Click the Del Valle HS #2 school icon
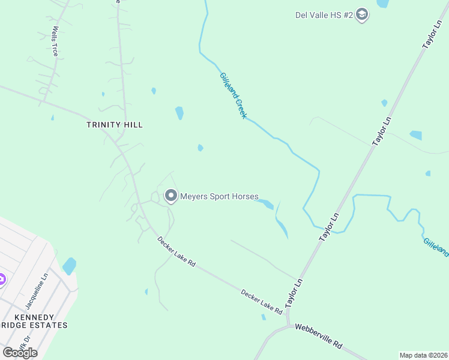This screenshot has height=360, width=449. [x=361, y=14]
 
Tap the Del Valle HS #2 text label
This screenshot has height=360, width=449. [x=324, y=15]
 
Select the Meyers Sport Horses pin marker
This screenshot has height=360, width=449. [x=171, y=196]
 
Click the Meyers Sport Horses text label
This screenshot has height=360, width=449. [x=220, y=196]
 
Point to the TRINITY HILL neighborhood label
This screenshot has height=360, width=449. [x=114, y=124]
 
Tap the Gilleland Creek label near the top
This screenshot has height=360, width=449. [x=233, y=95]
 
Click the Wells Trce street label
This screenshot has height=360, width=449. [x=55, y=41]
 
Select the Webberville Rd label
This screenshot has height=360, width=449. [x=318, y=336]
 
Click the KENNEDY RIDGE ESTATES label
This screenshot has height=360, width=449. [x=34, y=321]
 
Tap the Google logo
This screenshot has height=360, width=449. [x=20, y=352]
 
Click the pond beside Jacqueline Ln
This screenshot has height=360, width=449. [x=70, y=265]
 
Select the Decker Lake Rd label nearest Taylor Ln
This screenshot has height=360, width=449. [x=262, y=302]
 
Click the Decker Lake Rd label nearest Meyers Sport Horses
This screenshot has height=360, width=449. [x=176, y=251]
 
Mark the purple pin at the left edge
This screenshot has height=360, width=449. [x=1, y=279]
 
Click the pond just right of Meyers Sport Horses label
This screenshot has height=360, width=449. [x=265, y=203]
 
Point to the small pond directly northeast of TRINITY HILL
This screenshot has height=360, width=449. [x=179, y=113]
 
